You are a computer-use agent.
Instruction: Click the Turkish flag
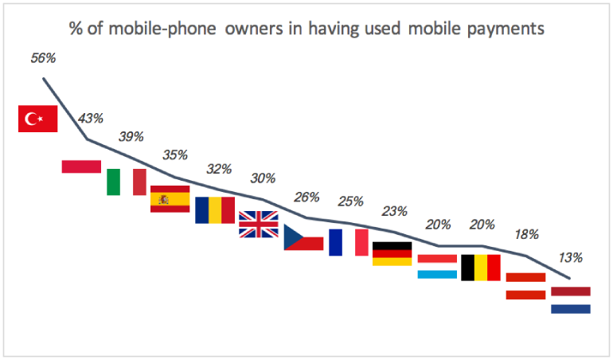pyautogui.click(x=38, y=119)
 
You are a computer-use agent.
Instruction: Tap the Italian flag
pyautogui.click(x=127, y=182)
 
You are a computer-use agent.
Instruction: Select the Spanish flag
pyautogui.click(x=170, y=198)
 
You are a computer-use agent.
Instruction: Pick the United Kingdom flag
pyautogui.click(x=259, y=224)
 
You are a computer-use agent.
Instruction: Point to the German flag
pyautogui.click(x=392, y=253)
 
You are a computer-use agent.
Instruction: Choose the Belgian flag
pyautogui.click(x=481, y=268)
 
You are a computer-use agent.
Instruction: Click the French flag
pyautogui.click(x=348, y=242)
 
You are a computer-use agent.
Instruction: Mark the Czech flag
pyautogui.click(x=303, y=237)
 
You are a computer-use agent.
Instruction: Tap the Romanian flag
pyautogui.click(x=215, y=210)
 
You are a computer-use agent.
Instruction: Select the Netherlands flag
pyautogui.click(x=570, y=299)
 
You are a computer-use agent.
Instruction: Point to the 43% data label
pyautogui.click(x=89, y=119)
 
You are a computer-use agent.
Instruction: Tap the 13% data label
pyautogui.click(x=570, y=257)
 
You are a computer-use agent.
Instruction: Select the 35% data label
pyautogui.click(x=175, y=155)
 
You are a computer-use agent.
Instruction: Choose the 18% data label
pyautogui.click(x=526, y=234)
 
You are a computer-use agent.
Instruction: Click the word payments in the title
pyautogui.click(x=506, y=29)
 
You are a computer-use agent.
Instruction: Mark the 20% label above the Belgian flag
pyautogui.click(x=482, y=225)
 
